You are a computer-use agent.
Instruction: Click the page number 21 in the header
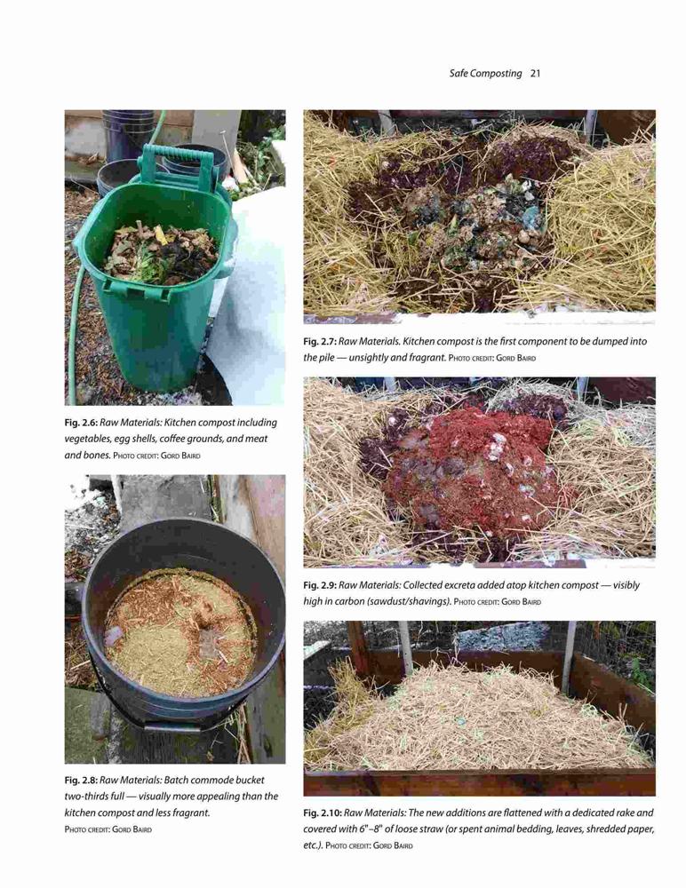(535, 74)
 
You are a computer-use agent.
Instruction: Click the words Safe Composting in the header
(485, 74)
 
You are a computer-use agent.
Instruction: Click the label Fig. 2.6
(81, 423)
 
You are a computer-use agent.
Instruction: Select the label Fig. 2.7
(320, 342)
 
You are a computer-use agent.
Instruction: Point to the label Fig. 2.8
(81, 780)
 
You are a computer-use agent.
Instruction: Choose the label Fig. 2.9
(320, 585)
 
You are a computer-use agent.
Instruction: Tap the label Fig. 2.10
(322, 813)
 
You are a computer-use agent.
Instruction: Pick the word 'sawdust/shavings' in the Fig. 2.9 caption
(409, 601)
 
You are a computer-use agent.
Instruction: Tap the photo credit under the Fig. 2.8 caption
(108, 829)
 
